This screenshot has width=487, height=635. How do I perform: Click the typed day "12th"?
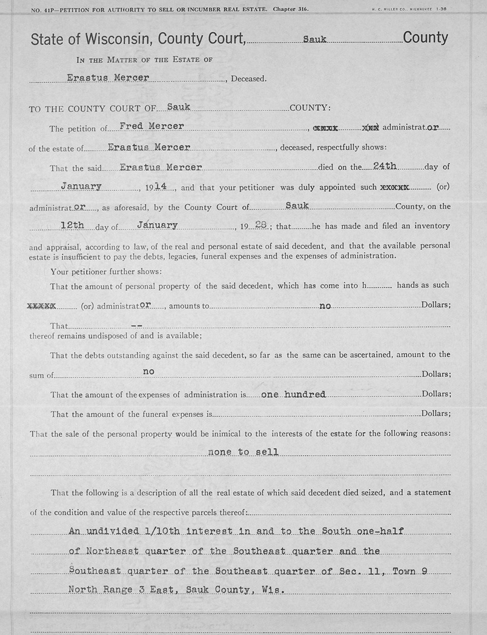coord(76,225)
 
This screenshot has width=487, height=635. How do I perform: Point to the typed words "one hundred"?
coord(293,394)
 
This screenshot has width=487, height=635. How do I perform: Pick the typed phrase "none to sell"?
coord(243,452)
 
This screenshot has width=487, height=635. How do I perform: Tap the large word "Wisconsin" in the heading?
coord(120,39)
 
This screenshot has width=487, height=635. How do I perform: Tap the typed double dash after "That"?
coord(136,326)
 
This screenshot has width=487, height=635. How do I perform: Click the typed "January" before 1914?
coord(81,186)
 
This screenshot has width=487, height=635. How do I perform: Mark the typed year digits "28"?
coord(261,225)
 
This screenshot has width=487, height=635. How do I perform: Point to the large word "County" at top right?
coord(425,38)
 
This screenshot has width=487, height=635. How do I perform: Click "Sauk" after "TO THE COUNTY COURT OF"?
coord(179,107)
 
